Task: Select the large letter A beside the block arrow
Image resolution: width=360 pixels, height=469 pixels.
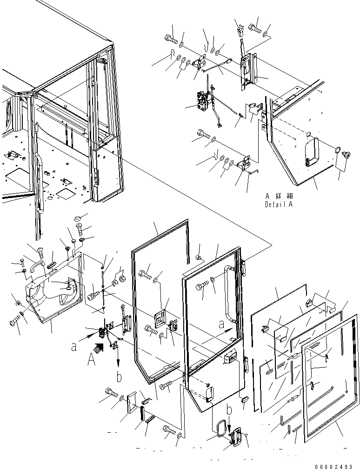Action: (92, 359)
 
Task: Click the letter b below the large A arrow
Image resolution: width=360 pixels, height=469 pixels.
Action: (119, 377)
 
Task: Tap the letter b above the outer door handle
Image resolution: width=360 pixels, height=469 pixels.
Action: (229, 410)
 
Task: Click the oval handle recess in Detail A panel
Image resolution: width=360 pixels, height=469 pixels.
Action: (309, 152)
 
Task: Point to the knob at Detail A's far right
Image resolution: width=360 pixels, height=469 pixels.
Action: (346, 154)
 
